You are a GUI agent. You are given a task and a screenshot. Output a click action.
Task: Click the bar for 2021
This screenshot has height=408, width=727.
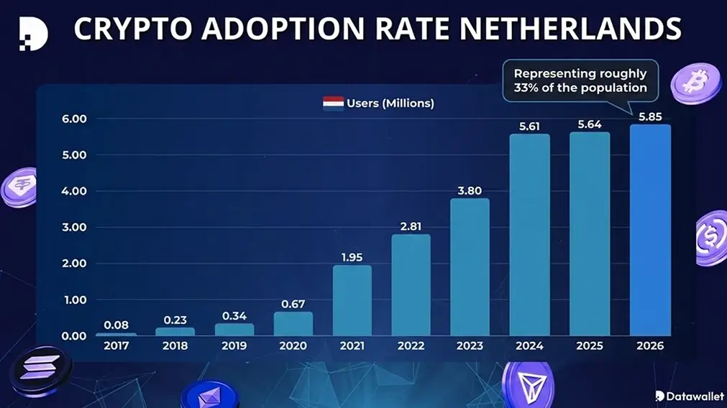click(x=352, y=300)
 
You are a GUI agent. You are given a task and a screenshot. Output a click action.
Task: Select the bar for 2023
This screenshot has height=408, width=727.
click(x=470, y=266)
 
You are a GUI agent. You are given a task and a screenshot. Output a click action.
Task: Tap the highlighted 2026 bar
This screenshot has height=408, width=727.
click(x=650, y=230)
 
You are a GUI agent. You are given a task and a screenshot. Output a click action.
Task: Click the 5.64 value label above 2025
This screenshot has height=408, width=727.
click(x=590, y=124)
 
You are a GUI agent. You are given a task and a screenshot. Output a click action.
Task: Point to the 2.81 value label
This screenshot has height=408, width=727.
click(x=411, y=226)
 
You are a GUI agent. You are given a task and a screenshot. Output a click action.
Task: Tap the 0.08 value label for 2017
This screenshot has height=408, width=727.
click(x=115, y=324)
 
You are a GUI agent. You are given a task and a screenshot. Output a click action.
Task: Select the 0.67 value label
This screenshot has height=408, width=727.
click(x=293, y=303)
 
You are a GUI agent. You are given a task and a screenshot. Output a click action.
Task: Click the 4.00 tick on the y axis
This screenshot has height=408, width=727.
click(x=73, y=191)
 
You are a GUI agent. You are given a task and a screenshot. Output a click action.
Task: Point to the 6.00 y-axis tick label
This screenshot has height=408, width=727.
click(x=73, y=119)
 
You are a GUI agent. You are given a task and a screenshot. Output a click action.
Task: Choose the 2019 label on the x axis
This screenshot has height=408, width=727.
click(x=233, y=346)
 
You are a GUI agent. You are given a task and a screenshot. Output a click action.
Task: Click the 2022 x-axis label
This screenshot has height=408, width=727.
click(x=411, y=346)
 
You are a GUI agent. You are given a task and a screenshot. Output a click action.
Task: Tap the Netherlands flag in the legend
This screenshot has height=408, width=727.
click(x=332, y=103)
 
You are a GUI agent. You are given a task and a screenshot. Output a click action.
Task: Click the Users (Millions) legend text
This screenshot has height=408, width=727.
click(x=390, y=103)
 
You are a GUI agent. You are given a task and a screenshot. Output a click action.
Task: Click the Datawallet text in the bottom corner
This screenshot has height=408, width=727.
click(x=693, y=396)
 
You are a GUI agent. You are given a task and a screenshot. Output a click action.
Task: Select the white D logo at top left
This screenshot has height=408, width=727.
click(x=32, y=32)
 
